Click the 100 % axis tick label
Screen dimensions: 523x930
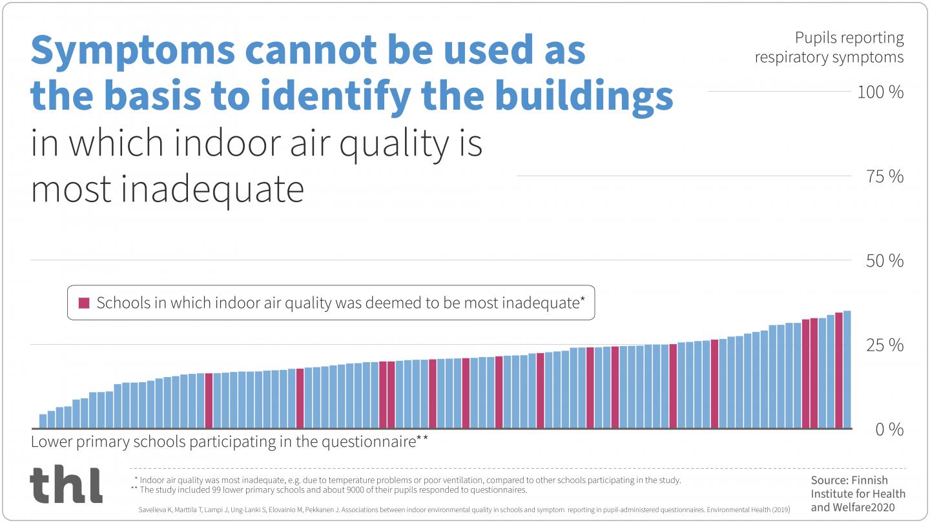880,92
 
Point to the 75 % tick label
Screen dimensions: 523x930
884,176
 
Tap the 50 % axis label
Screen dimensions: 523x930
884,261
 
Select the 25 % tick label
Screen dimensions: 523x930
884,345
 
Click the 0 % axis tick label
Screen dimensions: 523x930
889,430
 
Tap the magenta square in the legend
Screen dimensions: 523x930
84,303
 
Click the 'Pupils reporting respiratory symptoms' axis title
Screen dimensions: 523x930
829,48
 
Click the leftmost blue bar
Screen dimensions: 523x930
43,421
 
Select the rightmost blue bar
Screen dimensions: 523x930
847,369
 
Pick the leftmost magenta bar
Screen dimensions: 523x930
209,400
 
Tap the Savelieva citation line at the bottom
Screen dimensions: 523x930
464,510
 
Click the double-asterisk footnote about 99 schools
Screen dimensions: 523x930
333,490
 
